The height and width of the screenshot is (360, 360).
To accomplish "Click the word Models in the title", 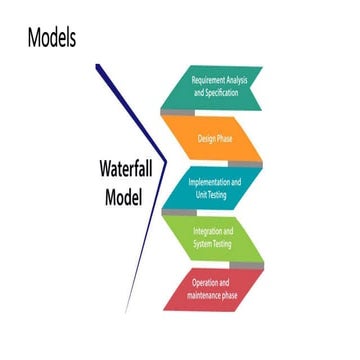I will [x=52, y=38].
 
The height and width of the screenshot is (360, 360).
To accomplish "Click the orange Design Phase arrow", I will [x=215, y=139].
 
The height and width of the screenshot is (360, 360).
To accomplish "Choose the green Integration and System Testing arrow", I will [x=216, y=237].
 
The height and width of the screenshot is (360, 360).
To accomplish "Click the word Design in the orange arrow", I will [x=207, y=139].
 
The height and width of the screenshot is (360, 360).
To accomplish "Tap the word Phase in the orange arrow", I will [x=227, y=139].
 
